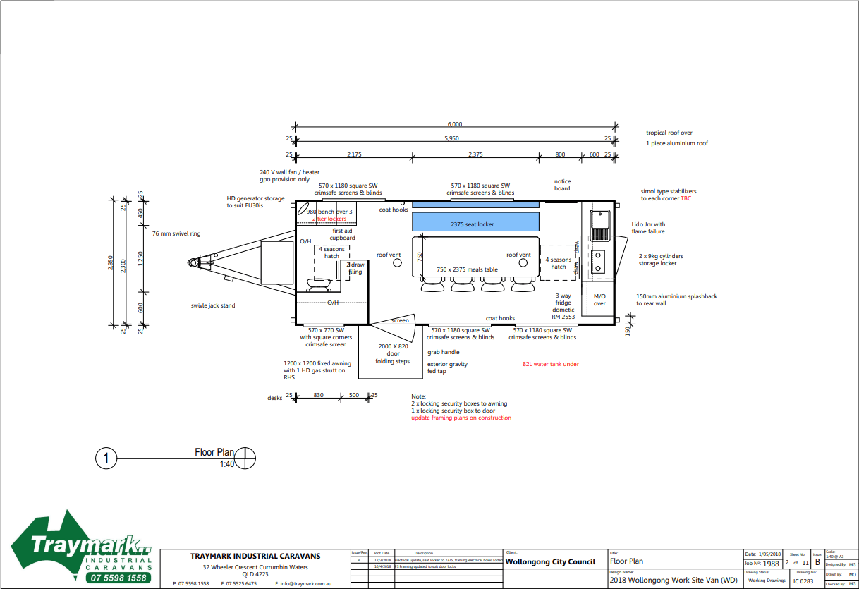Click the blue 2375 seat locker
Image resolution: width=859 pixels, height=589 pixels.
pyautogui.click(x=475, y=222)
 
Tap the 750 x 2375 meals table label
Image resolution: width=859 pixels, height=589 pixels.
pyautogui.click(x=467, y=269)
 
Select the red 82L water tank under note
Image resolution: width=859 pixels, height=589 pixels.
pyautogui.click(x=550, y=365)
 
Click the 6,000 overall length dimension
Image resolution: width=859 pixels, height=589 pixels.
pyautogui.click(x=455, y=124)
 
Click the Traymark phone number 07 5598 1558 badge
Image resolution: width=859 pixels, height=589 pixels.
pyautogui.click(x=119, y=578)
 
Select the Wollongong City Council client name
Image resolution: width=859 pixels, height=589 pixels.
pyautogui.click(x=550, y=562)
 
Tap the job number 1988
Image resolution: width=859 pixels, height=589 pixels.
pyautogui.click(x=771, y=564)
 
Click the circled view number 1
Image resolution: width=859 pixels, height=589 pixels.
pyautogui.click(x=106, y=459)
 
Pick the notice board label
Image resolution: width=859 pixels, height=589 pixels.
pyautogui.click(x=562, y=185)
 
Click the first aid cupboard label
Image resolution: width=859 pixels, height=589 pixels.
pyautogui.click(x=343, y=234)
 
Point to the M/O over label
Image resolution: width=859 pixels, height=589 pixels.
pyautogui.click(x=599, y=300)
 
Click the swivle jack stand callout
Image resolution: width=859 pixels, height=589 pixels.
pyautogui.click(x=213, y=305)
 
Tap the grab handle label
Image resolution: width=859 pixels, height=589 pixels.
pyautogui.click(x=443, y=352)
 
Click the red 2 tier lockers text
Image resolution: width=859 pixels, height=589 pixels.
pyautogui.click(x=329, y=219)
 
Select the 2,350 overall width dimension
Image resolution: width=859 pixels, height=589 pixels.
pyautogui.click(x=110, y=263)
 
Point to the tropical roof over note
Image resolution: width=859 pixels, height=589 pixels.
pyautogui.click(x=669, y=133)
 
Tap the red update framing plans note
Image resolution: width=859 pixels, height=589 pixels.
pyautogui.click(x=461, y=418)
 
